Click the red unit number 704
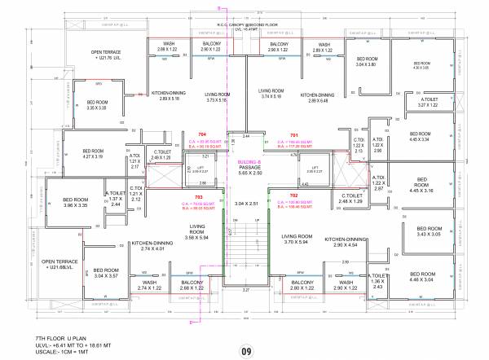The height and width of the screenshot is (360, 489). pyautogui.click(x=201, y=134)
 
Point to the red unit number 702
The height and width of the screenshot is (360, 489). pyautogui.click(x=294, y=196)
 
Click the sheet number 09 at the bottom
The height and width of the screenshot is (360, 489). pyautogui.click(x=245, y=329)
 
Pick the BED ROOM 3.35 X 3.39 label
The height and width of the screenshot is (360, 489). pyautogui.click(x=102, y=104)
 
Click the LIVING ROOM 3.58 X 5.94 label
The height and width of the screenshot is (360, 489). pyautogui.click(x=196, y=233)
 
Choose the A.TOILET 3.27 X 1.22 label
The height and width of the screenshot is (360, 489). pyautogui.click(x=429, y=103)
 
